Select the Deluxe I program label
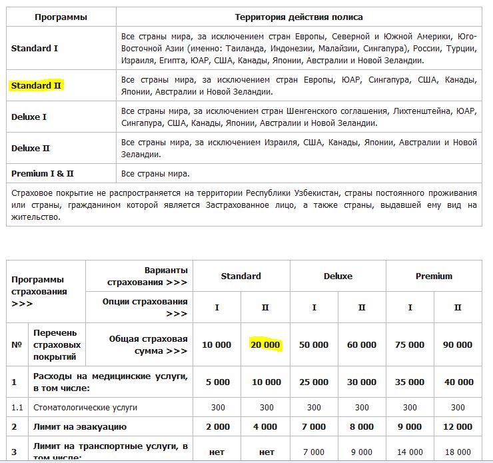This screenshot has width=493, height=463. click(29, 117)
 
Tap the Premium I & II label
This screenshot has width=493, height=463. click(43, 174)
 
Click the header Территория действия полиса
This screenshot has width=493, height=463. click(299, 17)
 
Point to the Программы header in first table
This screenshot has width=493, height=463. click(61, 17)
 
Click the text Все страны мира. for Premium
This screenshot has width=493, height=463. click(155, 174)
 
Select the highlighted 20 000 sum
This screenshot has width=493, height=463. click(265, 344)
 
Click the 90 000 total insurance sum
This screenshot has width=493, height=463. click(458, 344)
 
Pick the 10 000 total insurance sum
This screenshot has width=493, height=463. click(217, 344)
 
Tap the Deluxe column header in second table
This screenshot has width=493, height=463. click(338, 276)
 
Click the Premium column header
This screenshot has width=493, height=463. click(434, 276)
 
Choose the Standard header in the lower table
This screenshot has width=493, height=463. click(241, 276)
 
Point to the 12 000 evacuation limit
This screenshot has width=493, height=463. click(458, 426)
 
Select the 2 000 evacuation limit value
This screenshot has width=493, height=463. click(217, 426)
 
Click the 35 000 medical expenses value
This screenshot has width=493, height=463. click(410, 382)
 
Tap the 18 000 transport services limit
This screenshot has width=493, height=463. click(458, 452)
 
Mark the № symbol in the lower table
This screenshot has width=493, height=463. click(16, 344)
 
